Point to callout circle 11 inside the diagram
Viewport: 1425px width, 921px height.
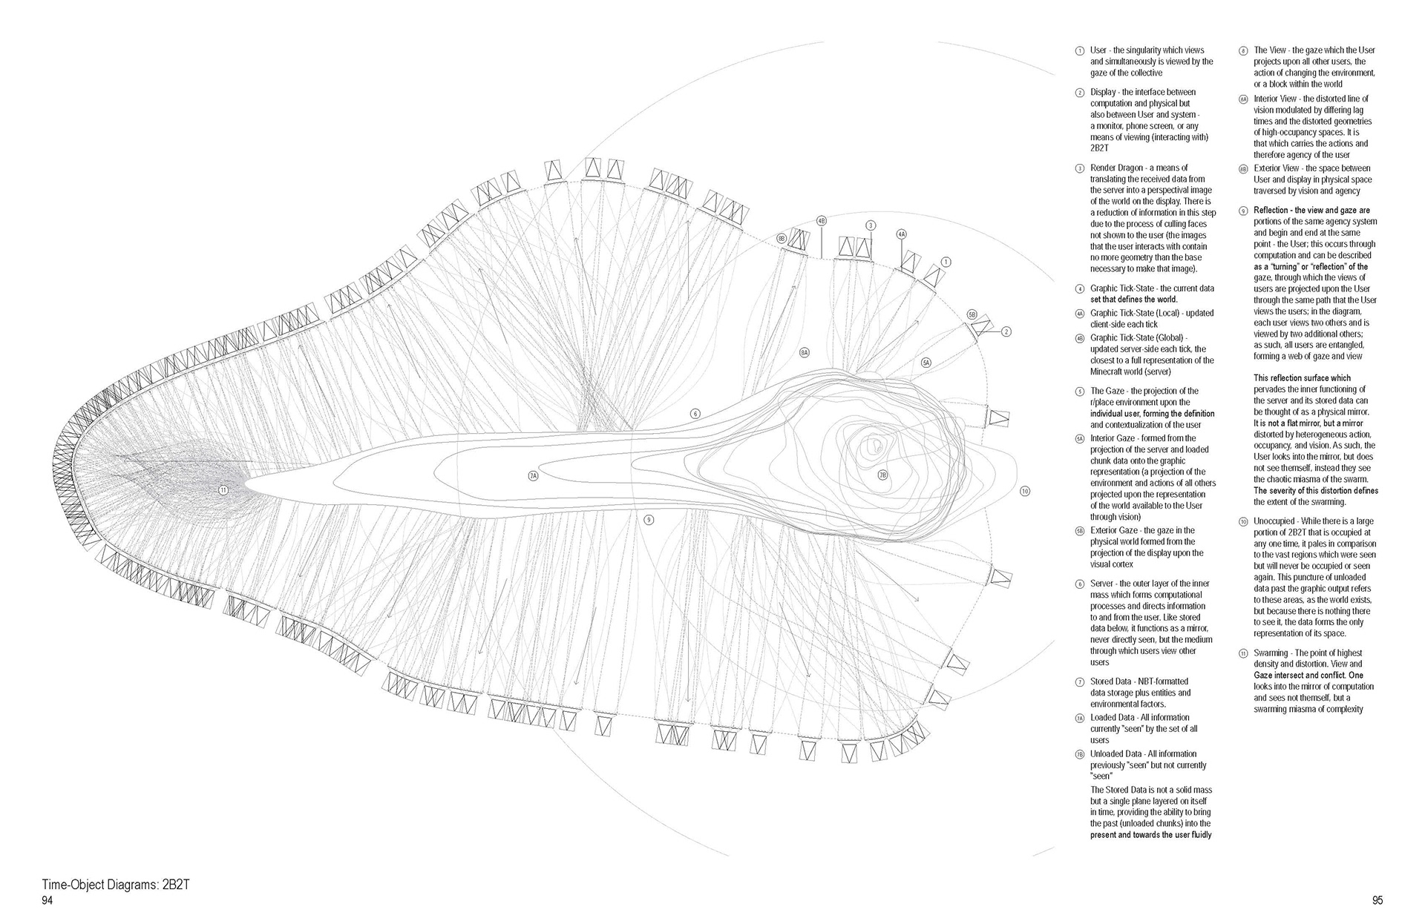click(x=223, y=489)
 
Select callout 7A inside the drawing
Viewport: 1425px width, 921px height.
click(x=533, y=475)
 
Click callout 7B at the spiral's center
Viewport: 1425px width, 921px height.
click(x=883, y=475)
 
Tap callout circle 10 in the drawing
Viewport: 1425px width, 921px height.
click(x=1025, y=491)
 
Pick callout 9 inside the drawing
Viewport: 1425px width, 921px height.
click(x=649, y=520)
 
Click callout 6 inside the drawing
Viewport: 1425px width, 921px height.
click(x=695, y=413)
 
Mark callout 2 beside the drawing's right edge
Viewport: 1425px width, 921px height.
click(x=1006, y=331)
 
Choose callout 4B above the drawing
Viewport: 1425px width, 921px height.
click(x=822, y=220)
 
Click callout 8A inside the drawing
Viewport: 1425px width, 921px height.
click(x=805, y=352)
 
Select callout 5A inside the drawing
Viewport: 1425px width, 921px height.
click(x=926, y=363)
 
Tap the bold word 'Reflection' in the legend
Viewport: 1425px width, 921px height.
click(x=1274, y=211)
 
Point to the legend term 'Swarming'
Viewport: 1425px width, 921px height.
click(x=1271, y=653)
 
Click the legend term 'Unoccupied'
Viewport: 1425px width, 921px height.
click(x=1274, y=521)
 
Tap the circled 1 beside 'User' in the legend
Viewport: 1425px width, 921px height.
click(x=1079, y=50)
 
